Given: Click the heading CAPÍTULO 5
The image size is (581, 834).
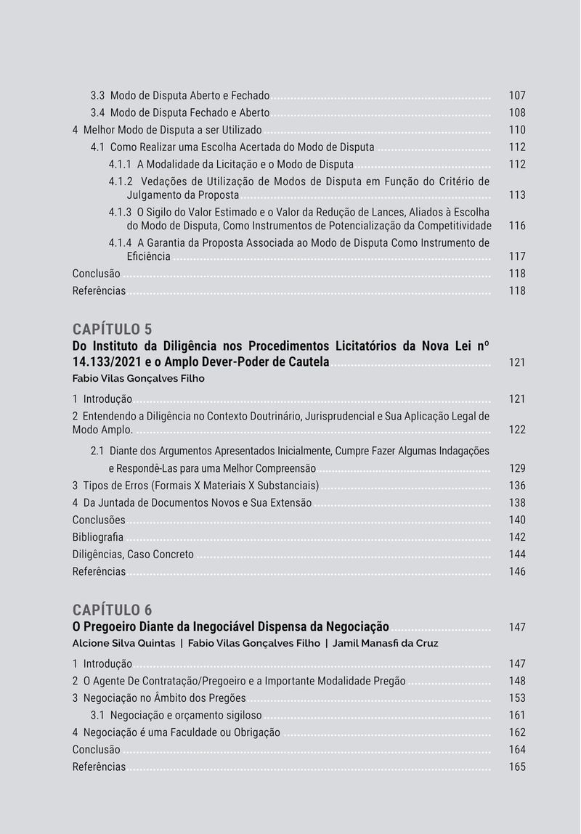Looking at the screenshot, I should pos(112,329).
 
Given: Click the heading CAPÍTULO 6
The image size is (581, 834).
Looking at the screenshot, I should pos(112,609).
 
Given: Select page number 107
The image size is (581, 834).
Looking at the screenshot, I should pos(517,96).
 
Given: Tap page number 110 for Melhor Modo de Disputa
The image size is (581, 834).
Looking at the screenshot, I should pos(517,131).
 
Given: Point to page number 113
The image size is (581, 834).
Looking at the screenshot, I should pos(517,195).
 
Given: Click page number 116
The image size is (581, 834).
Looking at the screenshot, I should pos(517,226).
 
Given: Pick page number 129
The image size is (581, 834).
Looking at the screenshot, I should pos(517,468).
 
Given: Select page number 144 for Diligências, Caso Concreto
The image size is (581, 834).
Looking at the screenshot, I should pos(517,555).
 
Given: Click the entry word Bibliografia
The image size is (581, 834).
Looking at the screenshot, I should pos(98,537).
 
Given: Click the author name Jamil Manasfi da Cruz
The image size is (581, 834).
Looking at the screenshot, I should pos(385,643).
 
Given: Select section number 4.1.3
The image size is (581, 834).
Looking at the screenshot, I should pos(120,212).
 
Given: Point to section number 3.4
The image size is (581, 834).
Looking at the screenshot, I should pos(98,113).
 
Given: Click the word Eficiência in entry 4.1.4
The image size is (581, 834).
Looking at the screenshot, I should pos(149,256).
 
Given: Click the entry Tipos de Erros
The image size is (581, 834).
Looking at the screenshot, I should pos(201,486).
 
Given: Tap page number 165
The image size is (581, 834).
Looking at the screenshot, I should pos(517,767).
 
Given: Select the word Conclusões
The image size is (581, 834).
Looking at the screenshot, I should pos(99,520).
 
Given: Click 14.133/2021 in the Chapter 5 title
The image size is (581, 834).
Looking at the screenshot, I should pos(105,361).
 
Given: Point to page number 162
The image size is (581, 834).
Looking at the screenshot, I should pos(517,733).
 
